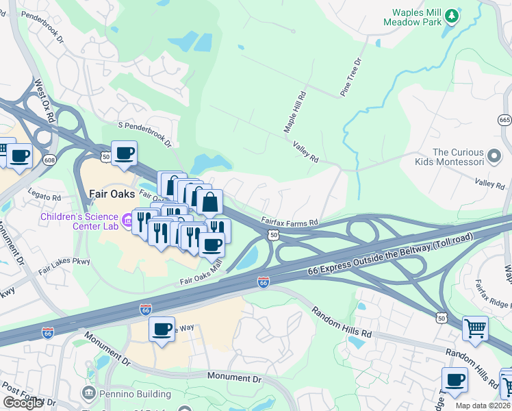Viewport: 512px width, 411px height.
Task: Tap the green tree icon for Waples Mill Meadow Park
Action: [x=451, y=14]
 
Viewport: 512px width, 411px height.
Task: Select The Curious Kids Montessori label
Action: [x=458, y=157]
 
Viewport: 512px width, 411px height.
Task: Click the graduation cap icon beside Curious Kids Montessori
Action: [x=493, y=162]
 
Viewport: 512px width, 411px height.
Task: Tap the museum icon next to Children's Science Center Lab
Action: [x=127, y=221]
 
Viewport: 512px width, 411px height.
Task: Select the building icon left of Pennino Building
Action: [x=88, y=393]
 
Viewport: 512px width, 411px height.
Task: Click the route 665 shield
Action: [x=505, y=120]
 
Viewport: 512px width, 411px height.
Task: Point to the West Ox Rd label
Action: [x=44, y=102]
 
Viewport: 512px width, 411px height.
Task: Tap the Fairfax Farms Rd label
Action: [x=290, y=222]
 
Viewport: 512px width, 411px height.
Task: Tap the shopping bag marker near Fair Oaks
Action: [x=209, y=202]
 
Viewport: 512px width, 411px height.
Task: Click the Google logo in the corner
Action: [x=23, y=403]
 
